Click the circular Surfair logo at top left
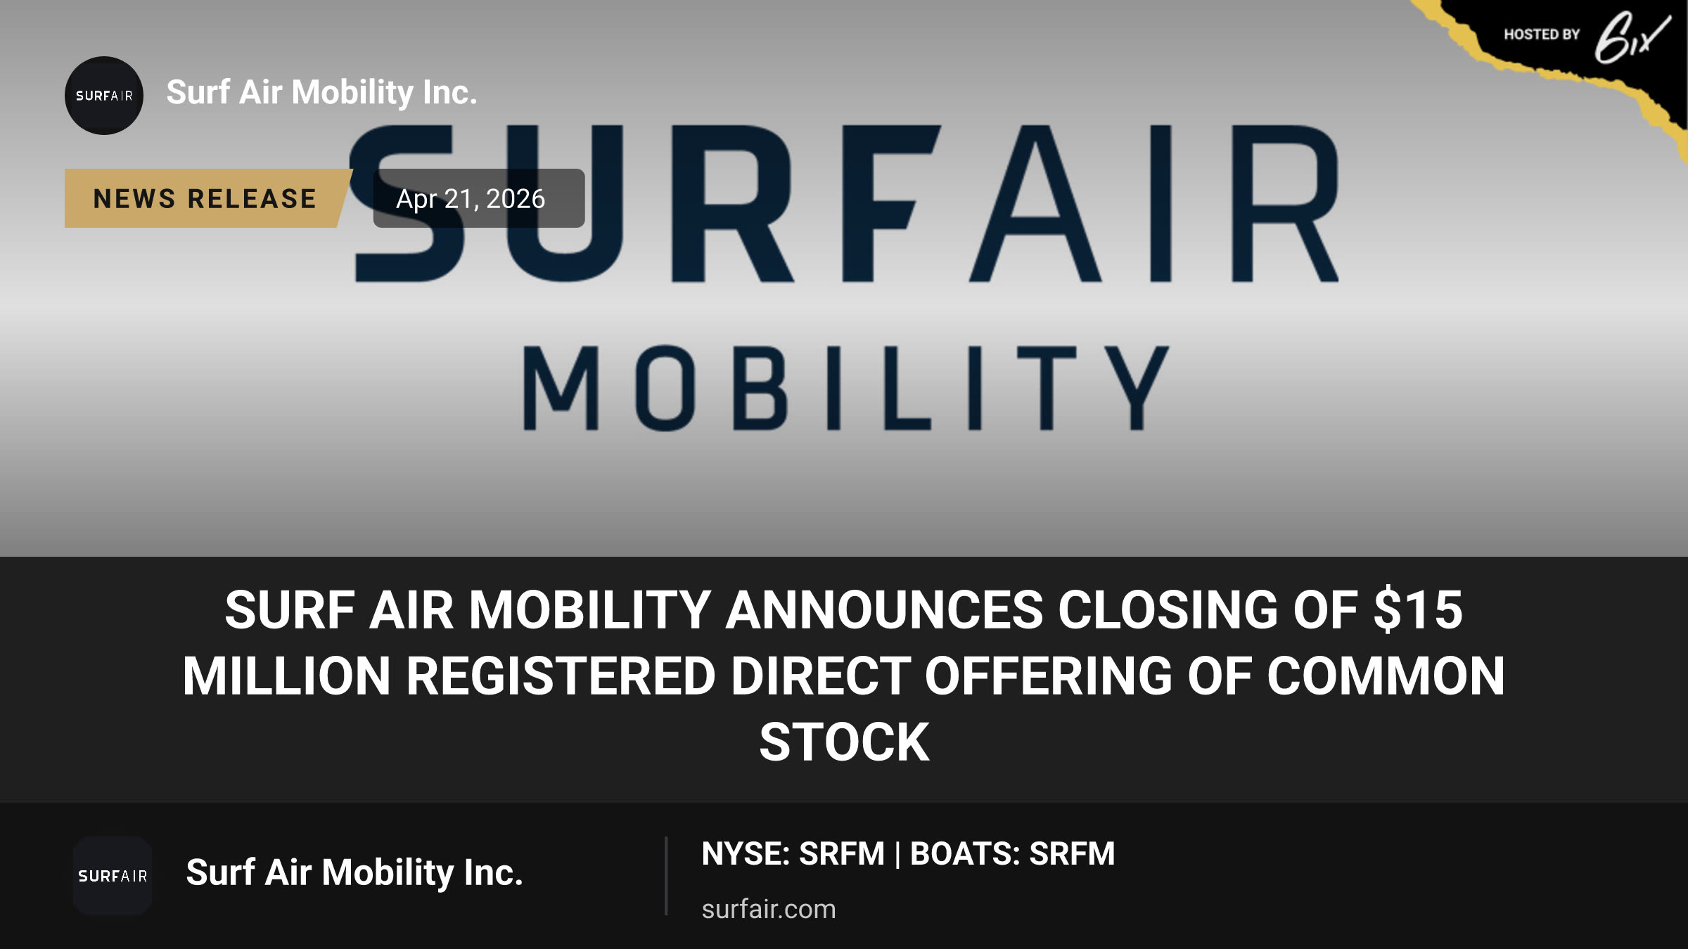(104, 96)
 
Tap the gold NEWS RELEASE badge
(207, 198)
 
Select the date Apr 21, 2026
(471, 199)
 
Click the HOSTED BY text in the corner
(1542, 34)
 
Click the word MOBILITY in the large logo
(846, 387)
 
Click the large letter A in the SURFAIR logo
(1035, 204)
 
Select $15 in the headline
(1418, 609)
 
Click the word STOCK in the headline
(844, 742)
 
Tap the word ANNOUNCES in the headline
(884, 609)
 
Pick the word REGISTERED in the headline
(561, 676)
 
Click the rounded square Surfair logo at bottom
(113, 876)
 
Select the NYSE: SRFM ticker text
(793, 854)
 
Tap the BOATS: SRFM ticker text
(1013, 854)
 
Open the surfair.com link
(769, 909)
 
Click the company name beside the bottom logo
(354, 873)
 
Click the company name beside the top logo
(321, 93)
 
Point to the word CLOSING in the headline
(1168, 609)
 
